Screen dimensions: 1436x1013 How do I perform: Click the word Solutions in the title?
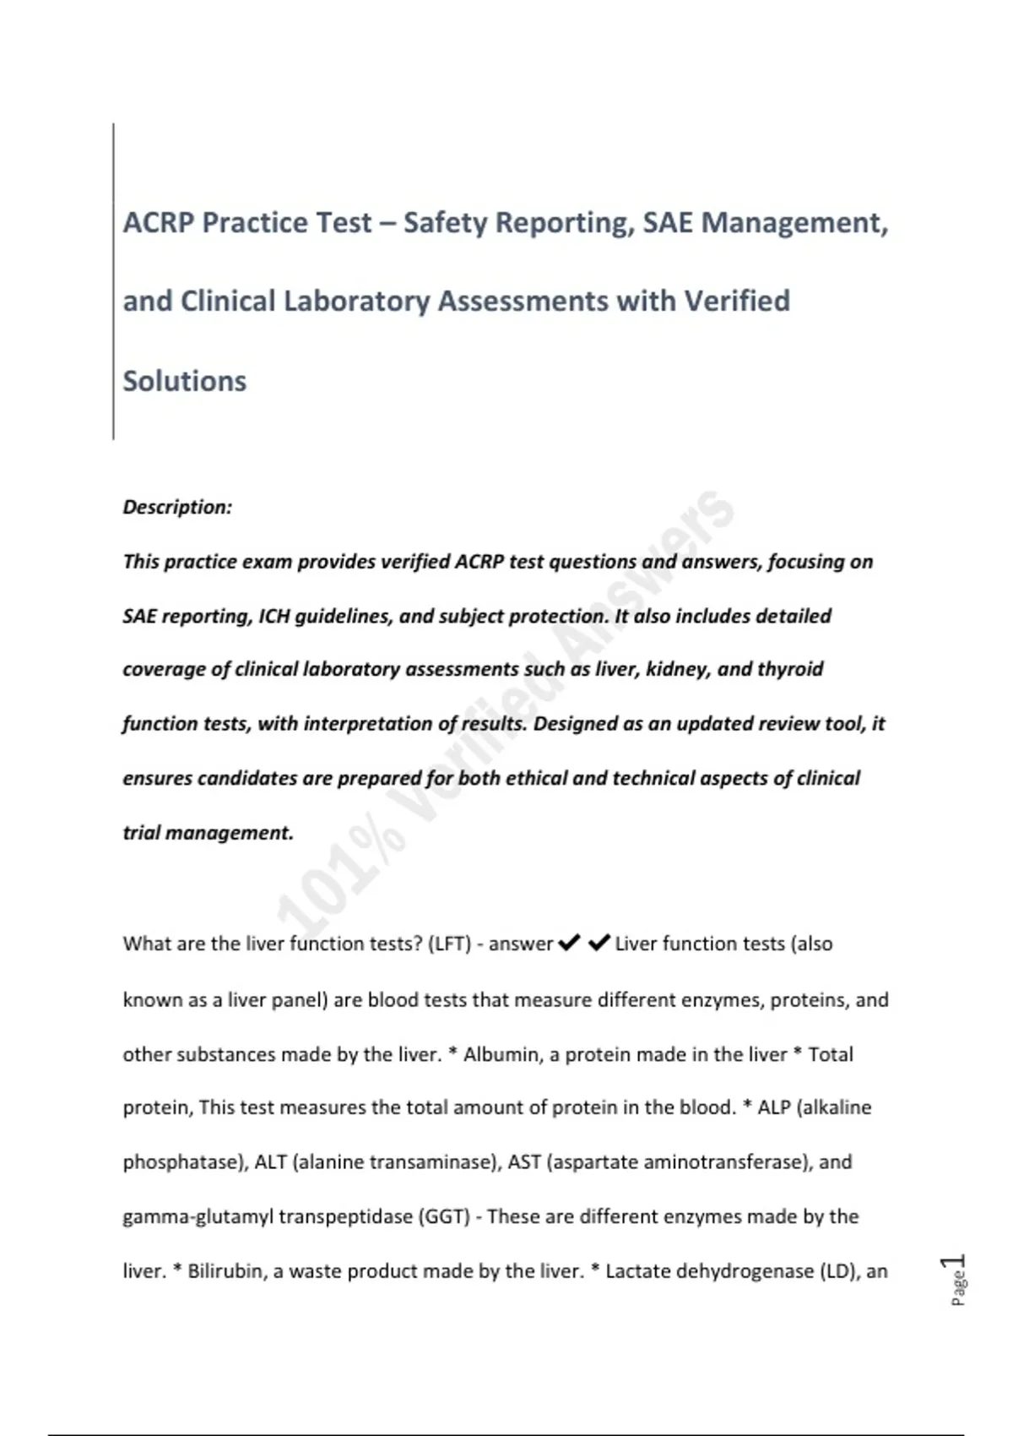185,381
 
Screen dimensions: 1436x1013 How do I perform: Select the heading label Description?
177,507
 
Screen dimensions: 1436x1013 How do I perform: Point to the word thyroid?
790,669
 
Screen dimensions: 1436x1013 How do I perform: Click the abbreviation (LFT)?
449,944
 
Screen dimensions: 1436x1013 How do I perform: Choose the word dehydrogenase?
744,1271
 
